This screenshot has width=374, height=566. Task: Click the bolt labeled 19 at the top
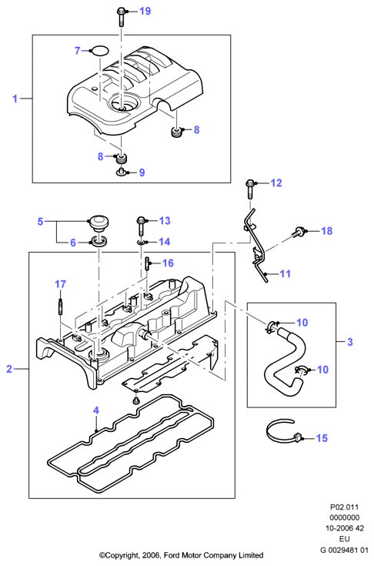click(x=121, y=17)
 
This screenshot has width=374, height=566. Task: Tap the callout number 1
click(x=15, y=99)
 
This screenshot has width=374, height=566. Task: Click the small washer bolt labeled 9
click(x=122, y=172)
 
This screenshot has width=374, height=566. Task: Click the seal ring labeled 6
click(x=99, y=240)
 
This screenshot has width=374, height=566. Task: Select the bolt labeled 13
click(x=141, y=226)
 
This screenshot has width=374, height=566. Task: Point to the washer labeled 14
click(x=141, y=242)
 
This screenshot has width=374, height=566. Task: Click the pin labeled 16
click(x=148, y=263)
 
